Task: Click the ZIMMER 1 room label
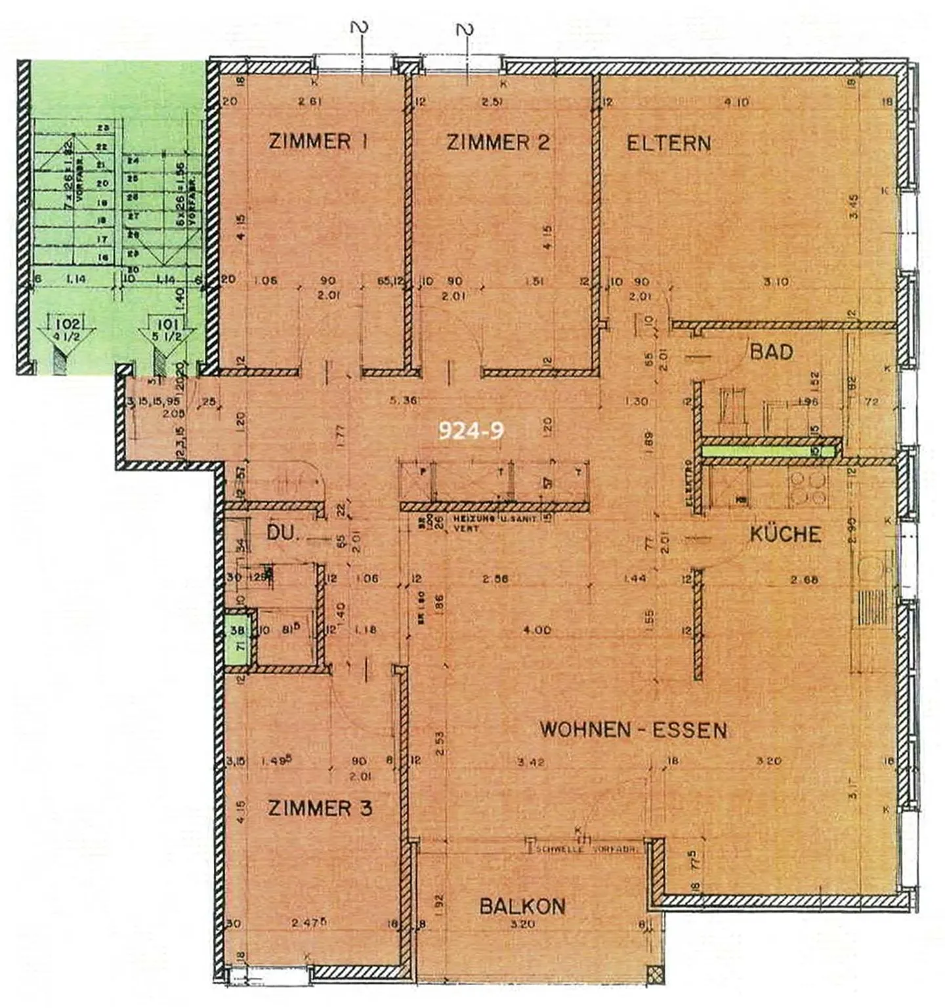318,142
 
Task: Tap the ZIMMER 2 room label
497,142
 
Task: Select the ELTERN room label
668,143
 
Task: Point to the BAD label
771,352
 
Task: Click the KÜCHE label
785,534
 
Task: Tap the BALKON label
522,906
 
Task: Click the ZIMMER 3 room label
320,808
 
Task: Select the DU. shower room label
283,533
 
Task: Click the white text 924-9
471,430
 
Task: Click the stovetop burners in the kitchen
808,489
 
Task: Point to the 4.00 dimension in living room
537,630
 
